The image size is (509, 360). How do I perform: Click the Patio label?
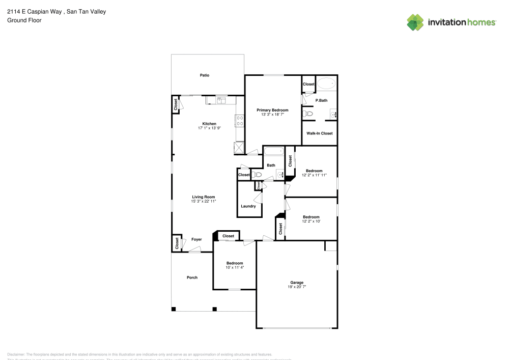204,75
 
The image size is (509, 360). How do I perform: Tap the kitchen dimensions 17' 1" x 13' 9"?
209,128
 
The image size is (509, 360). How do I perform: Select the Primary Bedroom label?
272,110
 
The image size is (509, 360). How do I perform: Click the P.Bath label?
321,100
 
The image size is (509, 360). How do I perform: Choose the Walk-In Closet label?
319,133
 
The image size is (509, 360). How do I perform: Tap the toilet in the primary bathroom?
307,114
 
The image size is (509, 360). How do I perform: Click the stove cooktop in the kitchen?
239,121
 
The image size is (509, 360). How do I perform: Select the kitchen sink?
221,101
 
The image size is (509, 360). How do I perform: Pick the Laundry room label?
248,206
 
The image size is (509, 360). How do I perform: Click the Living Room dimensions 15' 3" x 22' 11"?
204,202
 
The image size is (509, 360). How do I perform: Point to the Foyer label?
196,239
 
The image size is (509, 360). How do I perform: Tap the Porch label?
192,278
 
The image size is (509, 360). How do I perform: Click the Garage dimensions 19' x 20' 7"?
297,287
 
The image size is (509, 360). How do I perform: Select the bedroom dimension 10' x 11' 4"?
235,267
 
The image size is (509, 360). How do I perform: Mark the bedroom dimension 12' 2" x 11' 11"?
314,175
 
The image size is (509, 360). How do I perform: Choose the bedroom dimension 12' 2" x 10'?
311,221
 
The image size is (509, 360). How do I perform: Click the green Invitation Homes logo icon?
415,22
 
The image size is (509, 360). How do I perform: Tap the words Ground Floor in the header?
24,20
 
